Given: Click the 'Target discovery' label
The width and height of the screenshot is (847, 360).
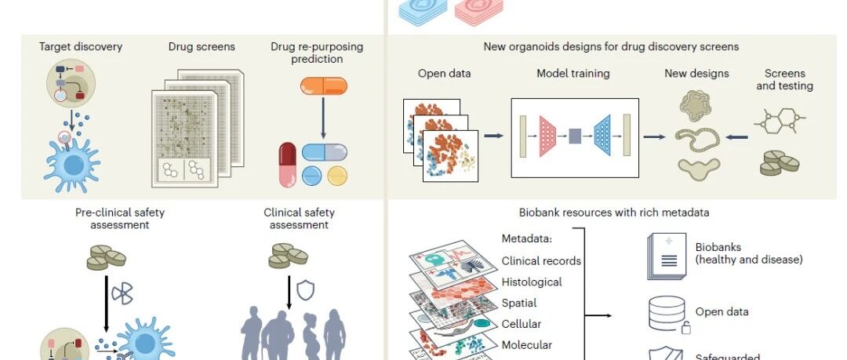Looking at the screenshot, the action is coord(81,46).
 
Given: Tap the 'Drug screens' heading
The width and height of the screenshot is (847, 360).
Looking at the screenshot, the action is coord(202,46).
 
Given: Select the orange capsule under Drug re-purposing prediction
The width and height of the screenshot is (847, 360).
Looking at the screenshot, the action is coord(324,86).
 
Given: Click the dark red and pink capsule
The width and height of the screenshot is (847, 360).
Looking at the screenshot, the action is coord(287,165).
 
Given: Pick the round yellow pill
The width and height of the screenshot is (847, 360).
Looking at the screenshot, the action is coord(337,176).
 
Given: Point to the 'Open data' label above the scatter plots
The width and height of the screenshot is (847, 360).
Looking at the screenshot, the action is coord(444,74).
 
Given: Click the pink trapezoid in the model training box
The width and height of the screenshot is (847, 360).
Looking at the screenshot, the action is coord(547,136).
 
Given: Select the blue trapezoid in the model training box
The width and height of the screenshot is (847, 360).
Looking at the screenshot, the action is coord(602,136).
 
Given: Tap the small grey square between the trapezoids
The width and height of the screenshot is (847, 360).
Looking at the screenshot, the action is coord(575,136).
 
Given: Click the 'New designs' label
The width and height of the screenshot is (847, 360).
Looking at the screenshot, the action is coord(696,74).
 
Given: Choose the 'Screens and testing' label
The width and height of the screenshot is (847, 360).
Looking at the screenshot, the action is coord(784,79).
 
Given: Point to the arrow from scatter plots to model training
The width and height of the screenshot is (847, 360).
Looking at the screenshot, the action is coord(493,136).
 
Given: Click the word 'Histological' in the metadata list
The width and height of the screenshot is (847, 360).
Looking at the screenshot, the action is coord(532,282).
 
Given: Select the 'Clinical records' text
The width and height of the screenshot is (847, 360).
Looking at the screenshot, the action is coord(541,261).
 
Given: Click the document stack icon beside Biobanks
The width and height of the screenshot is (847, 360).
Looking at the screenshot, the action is coord(667,256).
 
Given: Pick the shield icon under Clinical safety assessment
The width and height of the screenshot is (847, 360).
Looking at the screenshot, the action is coord(305,289).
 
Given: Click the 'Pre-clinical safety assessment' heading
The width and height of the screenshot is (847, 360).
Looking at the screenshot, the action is coord(119,218).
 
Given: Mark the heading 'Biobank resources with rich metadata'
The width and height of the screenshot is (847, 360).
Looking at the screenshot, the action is coord(614,213).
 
